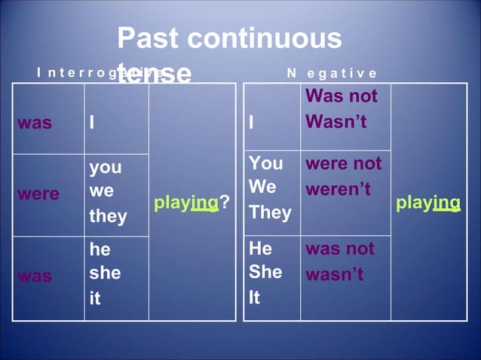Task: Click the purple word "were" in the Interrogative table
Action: pos(38,194)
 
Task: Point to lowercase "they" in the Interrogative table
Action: pos(108,217)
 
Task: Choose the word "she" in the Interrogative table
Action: pos(105,273)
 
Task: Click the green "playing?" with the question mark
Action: pos(191,202)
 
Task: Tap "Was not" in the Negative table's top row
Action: pos(342,96)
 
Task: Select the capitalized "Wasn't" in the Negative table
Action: pos(336,121)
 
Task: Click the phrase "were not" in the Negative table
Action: pos(343,163)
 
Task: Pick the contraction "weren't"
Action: pos(338,189)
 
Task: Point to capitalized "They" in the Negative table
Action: pos(270,212)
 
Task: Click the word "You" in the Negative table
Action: pos(265,163)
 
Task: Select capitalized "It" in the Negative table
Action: pos(254,297)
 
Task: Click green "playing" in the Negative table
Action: pos(427,202)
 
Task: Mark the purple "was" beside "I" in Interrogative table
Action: pos(35,123)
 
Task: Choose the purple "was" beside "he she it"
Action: pos(35,276)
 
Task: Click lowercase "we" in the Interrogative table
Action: pos(101,191)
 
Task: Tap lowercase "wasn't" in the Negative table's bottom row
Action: pos(334,274)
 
